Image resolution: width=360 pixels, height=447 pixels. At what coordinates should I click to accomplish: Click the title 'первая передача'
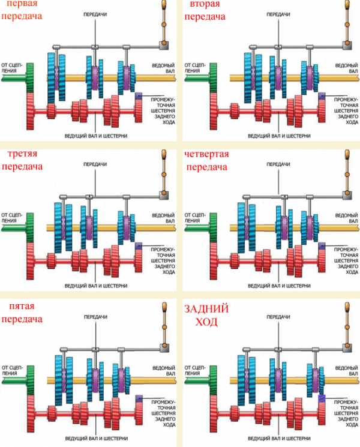point(22,10)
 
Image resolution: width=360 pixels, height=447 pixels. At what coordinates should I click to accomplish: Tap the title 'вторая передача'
point(205,10)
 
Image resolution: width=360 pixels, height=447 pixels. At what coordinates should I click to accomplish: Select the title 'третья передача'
point(22,160)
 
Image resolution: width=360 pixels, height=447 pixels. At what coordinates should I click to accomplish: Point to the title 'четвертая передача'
point(206,160)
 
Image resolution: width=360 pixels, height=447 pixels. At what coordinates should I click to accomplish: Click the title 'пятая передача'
point(22,312)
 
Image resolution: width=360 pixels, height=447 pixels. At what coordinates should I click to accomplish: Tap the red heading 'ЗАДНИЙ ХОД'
point(206,315)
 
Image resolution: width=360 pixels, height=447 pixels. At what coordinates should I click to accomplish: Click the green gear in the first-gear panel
point(30,78)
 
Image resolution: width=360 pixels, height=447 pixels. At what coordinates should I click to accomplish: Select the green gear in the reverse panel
point(213,380)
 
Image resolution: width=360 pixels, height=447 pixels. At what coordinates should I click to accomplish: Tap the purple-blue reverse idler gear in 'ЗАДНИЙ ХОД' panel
point(322,398)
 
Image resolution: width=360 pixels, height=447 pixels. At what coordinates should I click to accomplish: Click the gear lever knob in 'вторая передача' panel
point(347,4)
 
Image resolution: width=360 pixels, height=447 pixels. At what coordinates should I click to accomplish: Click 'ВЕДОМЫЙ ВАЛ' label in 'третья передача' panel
point(163,218)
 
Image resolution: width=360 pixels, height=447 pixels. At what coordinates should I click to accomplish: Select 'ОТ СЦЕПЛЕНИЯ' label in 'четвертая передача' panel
point(195,218)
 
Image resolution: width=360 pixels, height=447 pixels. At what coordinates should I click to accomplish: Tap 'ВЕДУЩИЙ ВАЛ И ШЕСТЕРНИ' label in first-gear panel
point(96,136)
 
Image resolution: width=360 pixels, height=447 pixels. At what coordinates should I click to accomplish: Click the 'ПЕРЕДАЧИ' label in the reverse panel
point(278,317)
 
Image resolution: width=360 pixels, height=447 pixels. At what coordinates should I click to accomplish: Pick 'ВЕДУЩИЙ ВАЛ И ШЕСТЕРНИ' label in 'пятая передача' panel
point(97,438)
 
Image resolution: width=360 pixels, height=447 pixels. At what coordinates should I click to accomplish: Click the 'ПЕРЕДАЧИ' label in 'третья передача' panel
point(95,164)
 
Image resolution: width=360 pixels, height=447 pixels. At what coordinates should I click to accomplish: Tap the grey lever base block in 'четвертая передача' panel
point(347,195)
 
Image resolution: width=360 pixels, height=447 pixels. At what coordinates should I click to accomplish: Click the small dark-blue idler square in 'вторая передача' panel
point(322,96)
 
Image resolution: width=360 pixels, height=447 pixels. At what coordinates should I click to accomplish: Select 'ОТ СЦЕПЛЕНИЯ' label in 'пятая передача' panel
point(12,370)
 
